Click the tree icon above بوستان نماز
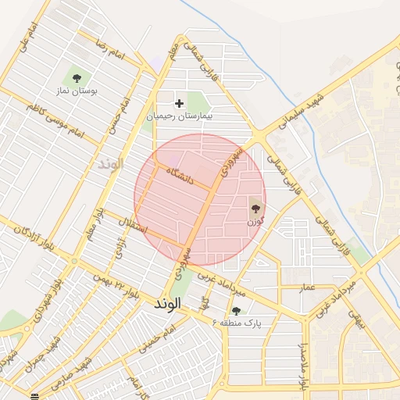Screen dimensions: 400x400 (x=77, y=77)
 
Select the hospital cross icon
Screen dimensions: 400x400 (x=179, y=102)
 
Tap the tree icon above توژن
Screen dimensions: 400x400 (x=255, y=208)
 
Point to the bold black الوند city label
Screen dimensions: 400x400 (x=168, y=302)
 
